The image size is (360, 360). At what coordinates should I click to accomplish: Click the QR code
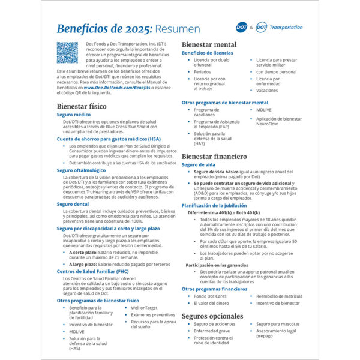67,52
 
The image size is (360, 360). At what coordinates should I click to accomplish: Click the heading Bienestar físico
82,106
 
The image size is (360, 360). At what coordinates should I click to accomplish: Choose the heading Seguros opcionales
212,316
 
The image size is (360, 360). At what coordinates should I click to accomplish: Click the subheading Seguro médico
74,114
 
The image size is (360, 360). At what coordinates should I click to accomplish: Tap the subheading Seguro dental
73,204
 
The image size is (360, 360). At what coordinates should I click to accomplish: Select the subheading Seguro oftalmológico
81,170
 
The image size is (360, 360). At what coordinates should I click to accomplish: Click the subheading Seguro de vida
199,164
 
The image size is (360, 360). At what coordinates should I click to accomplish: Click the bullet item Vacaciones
267,91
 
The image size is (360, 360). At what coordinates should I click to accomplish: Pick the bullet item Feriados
202,71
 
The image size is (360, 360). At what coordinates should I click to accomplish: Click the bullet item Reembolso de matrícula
279,296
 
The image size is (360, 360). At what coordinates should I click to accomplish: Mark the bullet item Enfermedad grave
211,331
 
